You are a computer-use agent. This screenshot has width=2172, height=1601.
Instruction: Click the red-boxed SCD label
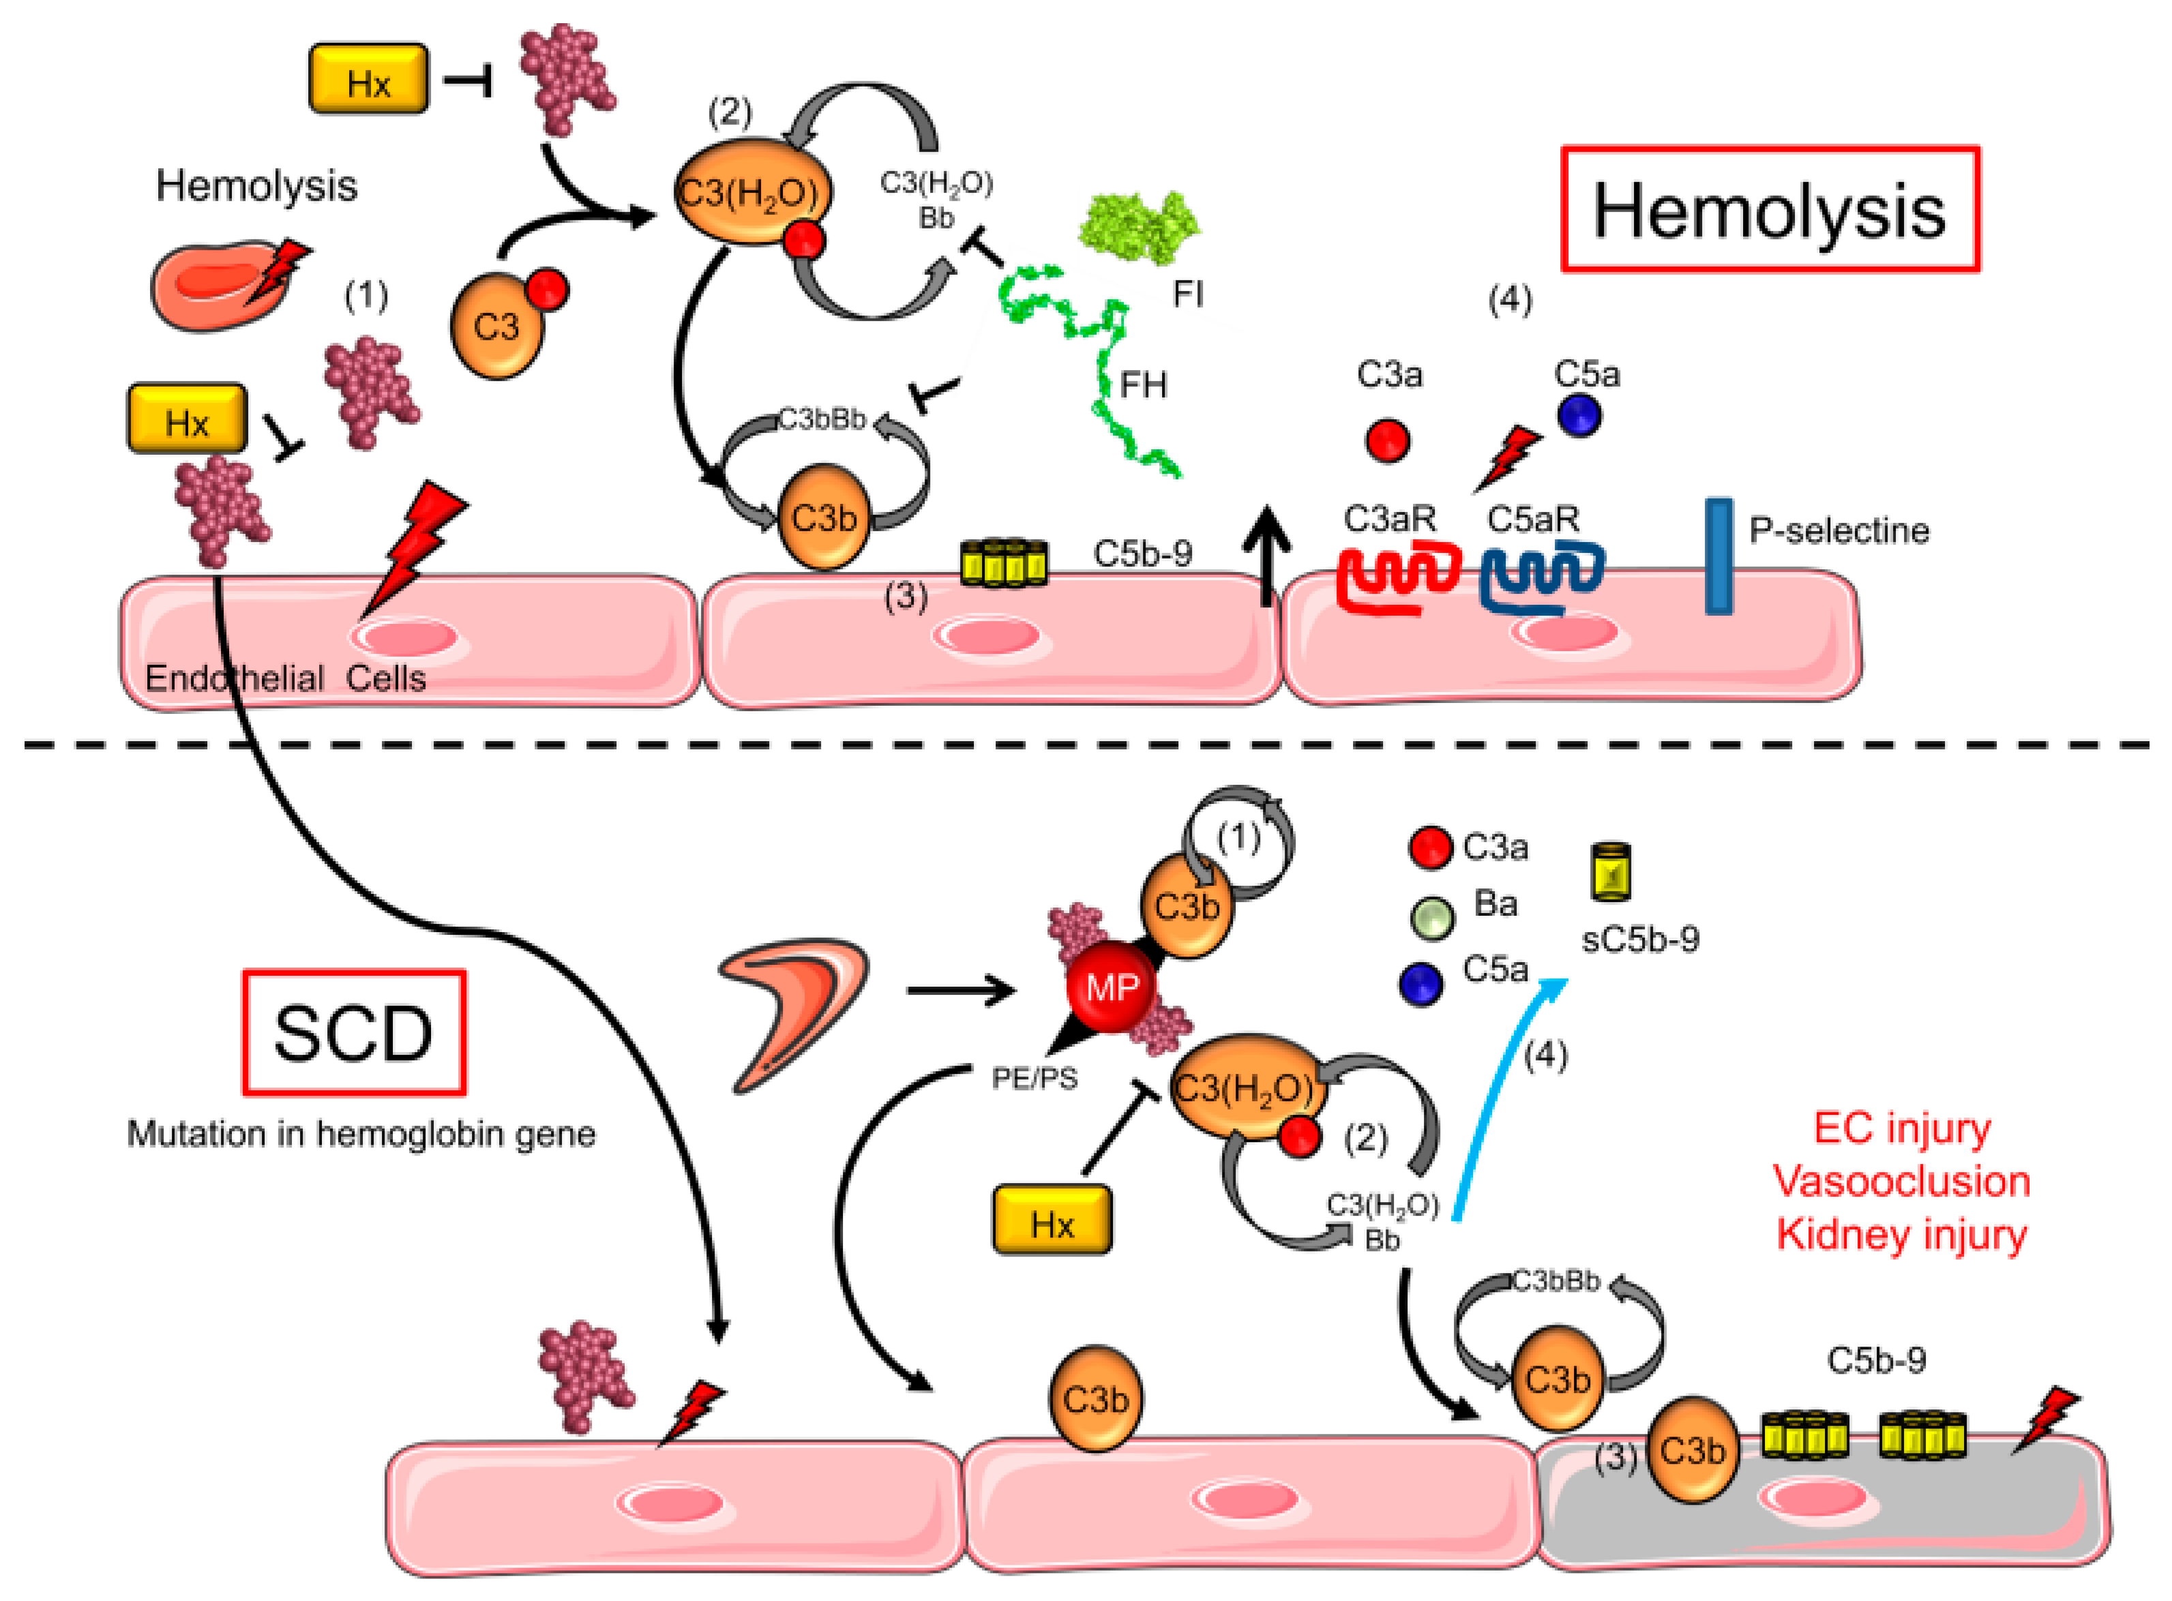[354, 1033]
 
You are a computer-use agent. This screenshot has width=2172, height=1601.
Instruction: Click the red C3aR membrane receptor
[1396, 579]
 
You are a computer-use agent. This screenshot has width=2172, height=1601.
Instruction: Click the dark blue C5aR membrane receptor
[1541, 579]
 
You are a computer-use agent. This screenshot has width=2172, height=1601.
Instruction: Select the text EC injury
[1901, 1128]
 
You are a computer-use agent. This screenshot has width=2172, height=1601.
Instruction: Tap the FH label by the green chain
[1143, 386]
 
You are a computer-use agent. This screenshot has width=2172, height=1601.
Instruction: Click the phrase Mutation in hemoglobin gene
[361, 1134]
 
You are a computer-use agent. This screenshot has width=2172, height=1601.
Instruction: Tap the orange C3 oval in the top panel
[496, 327]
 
